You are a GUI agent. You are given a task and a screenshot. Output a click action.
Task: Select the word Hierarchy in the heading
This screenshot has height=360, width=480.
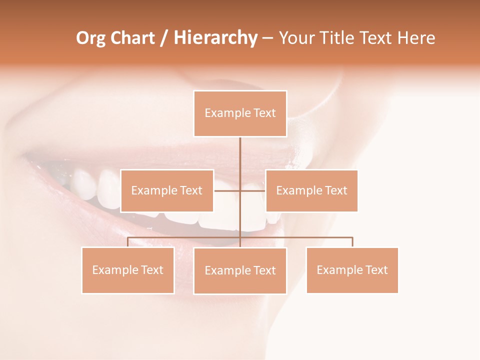(x=215, y=38)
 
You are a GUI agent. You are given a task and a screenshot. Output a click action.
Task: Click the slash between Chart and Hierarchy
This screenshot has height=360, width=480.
(x=164, y=38)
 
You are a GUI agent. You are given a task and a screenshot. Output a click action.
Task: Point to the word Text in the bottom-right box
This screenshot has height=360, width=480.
(x=376, y=270)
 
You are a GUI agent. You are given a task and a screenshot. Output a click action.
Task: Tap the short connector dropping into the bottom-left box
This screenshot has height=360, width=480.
(x=128, y=242)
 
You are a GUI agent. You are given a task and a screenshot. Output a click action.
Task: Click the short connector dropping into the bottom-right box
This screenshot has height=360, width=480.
(x=352, y=242)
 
